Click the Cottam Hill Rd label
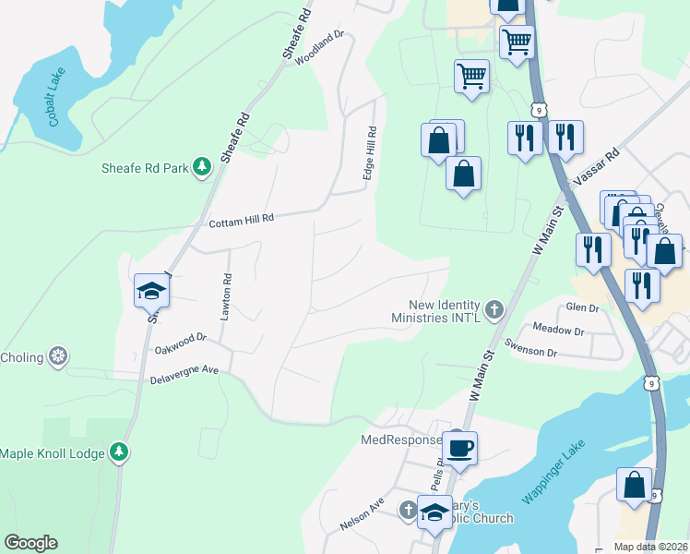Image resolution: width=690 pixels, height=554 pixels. tap(242, 220)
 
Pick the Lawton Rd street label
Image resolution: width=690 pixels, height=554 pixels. tap(224, 296)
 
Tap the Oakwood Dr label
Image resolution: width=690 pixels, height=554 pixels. tap(181, 343)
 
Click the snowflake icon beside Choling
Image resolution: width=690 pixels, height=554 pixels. tap(58, 356)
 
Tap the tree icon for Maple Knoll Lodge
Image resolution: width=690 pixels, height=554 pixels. tap(118, 452)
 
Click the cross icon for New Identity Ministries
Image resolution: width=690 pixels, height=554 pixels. tap(494, 309)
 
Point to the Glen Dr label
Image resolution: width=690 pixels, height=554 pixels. tap(583, 307)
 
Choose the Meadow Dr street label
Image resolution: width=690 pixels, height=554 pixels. tap(560, 331)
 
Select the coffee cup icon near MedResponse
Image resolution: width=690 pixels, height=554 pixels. tap(459, 448)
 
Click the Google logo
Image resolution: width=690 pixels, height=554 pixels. tap(31, 543)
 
